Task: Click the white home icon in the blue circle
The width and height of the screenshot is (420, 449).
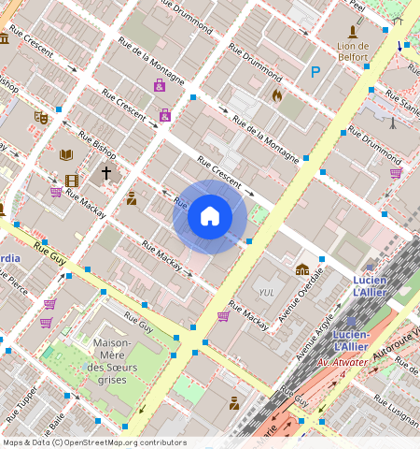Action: pyautogui.click(x=210, y=216)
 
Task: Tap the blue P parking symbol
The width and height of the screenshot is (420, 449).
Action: pyautogui.click(x=315, y=71)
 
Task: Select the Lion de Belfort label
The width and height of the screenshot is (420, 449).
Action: pyautogui.click(x=352, y=51)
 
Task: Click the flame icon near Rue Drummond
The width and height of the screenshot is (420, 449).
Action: pyautogui.click(x=276, y=94)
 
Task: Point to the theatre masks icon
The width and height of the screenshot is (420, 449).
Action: pyautogui.click(x=40, y=118)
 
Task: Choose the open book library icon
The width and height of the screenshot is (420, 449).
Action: pyautogui.click(x=65, y=155)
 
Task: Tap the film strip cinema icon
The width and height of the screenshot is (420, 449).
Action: pyautogui.click(x=72, y=181)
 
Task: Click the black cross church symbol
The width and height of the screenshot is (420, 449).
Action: pyautogui.click(x=106, y=173)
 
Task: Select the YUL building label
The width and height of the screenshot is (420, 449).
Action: pyautogui.click(x=266, y=293)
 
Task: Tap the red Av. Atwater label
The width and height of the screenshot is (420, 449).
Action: pyautogui.click(x=338, y=362)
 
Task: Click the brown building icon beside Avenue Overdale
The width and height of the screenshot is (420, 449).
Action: pyautogui.click(x=301, y=269)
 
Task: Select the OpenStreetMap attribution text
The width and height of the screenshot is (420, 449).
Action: pyautogui.click(x=94, y=442)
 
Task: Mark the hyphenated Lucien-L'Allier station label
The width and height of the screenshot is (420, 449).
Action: pyautogui.click(x=351, y=340)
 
